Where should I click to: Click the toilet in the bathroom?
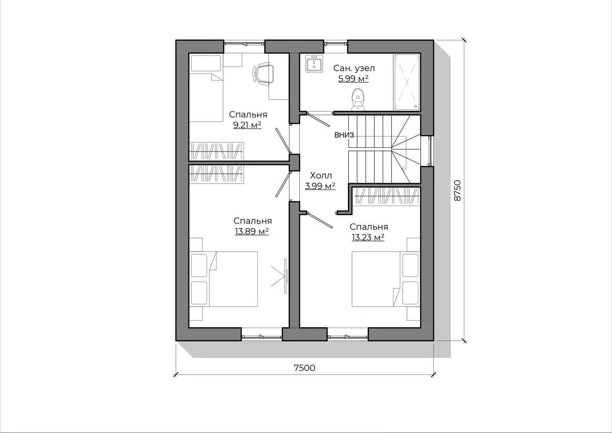(x=358, y=99)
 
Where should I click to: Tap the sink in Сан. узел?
(x=314, y=64)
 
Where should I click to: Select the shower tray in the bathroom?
(x=406, y=82)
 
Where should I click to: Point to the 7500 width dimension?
(x=305, y=368)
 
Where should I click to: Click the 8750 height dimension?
(x=457, y=191)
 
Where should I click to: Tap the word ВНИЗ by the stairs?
(x=344, y=135)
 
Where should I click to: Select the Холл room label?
(x=321, y=175)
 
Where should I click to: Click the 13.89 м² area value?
(x=251, y=231)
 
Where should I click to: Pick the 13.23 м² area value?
(x=368, y=237)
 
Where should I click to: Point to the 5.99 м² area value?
(x=353, y=79)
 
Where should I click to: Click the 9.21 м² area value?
(x=247, y=125)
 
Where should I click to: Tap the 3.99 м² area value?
(x=320, y=186)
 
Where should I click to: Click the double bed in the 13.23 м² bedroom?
(x=386, y=279)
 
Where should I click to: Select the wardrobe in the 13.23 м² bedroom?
(x=387, y=196)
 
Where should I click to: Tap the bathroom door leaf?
(x=319, y=119)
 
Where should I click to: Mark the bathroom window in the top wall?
(x=336, y=43)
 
